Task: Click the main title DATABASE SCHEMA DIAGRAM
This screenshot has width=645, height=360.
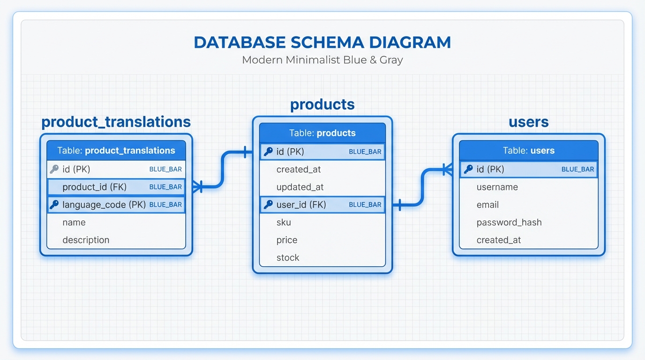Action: coord(322,42)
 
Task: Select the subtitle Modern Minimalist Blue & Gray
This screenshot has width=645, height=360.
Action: coord(322,60)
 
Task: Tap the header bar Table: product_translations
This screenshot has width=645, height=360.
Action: coord(116,150)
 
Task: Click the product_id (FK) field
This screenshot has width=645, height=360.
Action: coord(95,187)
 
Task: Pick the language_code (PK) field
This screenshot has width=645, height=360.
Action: coord(104,205)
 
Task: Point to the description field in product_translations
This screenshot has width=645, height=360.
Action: coord(86,240)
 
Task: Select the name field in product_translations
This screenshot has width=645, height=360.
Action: coord(74,223)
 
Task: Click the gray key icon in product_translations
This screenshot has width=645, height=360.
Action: coord(54,169)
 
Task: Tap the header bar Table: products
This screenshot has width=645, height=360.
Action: coord(322,133)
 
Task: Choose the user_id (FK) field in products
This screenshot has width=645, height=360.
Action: coord(301,205)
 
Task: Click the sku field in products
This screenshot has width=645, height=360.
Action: coord(284,223)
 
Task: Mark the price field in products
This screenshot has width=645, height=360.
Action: coord(287,240)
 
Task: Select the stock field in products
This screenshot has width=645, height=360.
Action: coord(288,258)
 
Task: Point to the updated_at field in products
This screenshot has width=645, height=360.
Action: coord(300,187)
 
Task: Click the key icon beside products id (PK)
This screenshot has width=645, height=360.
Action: coord(268,151)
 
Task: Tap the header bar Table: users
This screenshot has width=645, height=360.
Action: coord(528,150)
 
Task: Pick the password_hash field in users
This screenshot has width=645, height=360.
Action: coord(509,223)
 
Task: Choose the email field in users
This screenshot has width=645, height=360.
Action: coord(487,205)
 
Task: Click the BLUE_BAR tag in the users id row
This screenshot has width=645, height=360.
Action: coord(577,169)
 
